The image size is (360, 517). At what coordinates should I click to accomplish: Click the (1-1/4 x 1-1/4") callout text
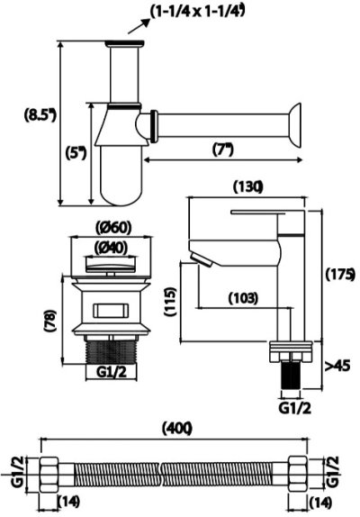coord(198,12)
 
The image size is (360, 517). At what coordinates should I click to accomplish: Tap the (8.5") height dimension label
coord(40,115)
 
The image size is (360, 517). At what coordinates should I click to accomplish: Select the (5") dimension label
coord(76,153)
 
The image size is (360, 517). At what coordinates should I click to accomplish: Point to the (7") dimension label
coord(223,150)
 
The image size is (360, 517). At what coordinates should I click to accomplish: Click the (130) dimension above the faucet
coord(247,187)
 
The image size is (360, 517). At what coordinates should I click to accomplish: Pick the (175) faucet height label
coord(340,275)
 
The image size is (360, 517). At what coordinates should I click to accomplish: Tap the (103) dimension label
coord(243,298)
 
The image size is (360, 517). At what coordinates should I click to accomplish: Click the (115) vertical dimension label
coord(171,302)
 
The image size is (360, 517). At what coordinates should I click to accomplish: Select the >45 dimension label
coord(337,366)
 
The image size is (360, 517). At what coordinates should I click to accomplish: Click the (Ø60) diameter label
coord(112,228)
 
